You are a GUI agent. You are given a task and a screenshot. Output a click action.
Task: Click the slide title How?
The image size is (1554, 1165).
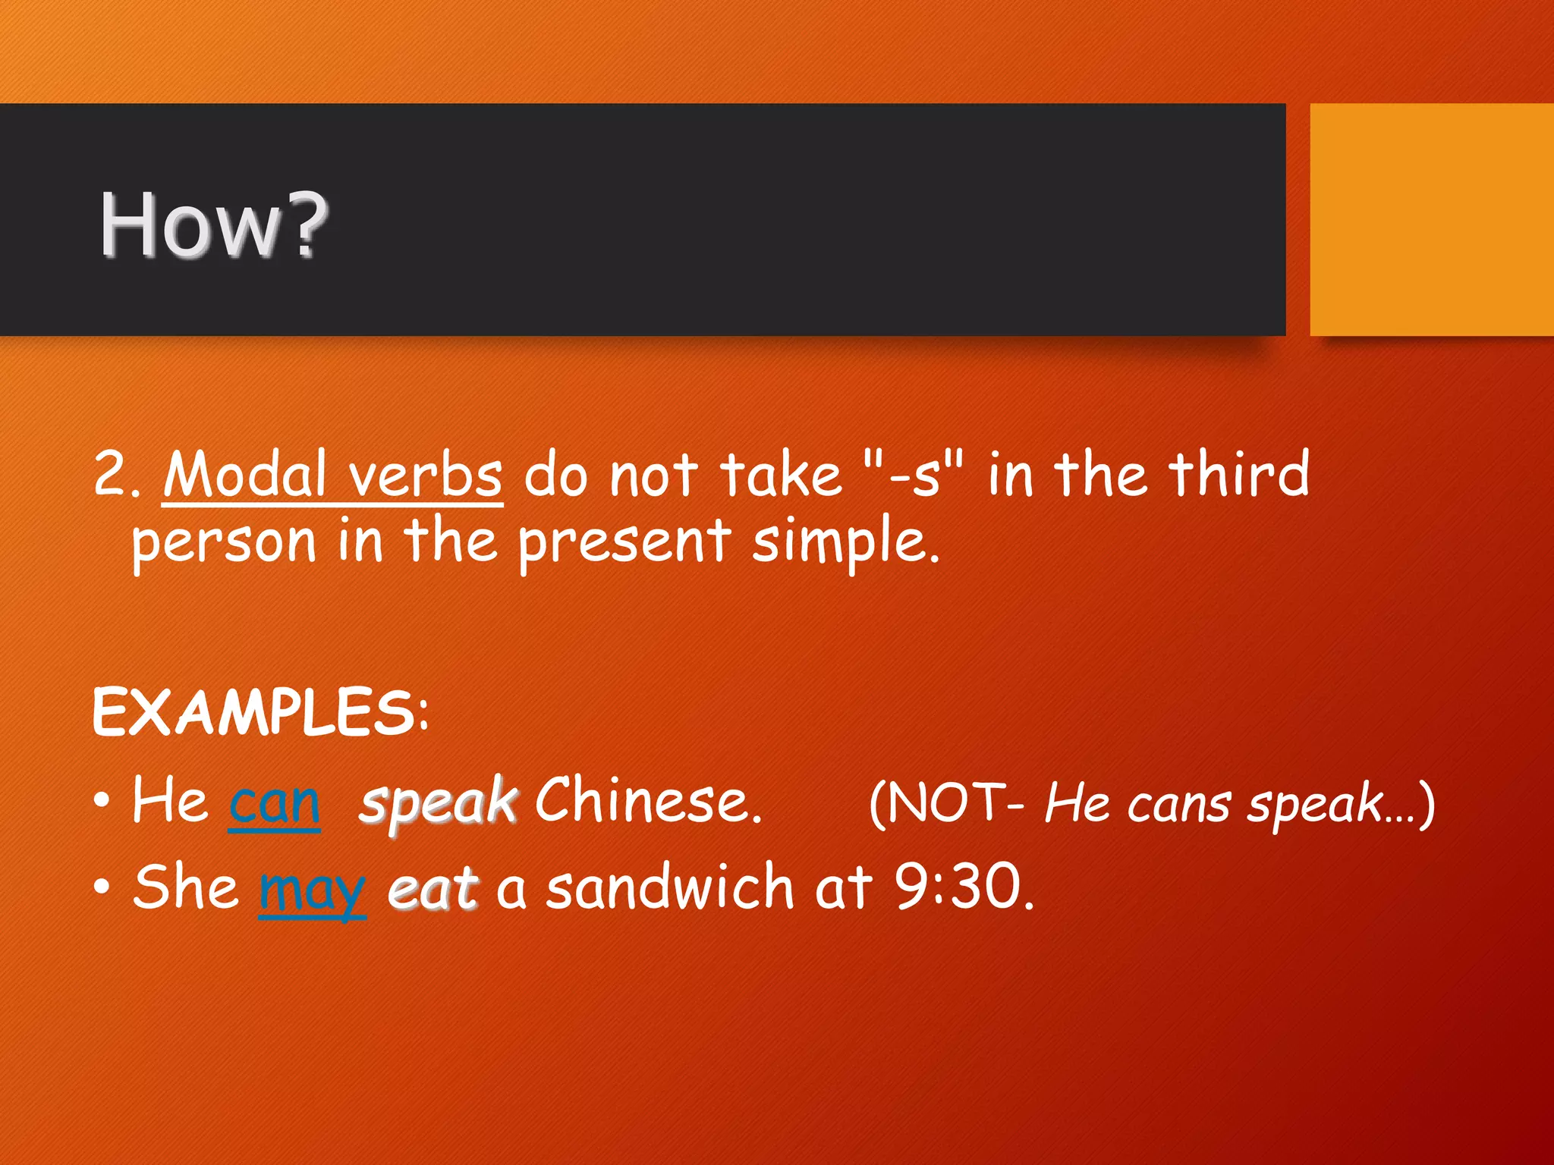(x=214, y=225)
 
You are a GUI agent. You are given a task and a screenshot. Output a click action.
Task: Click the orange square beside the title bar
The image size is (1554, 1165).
(x=1431, y=219)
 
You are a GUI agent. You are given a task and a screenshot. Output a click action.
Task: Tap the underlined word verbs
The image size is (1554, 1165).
(x=425, y=475)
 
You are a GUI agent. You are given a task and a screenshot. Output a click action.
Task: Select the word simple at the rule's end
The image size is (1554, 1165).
(x=845, y=543)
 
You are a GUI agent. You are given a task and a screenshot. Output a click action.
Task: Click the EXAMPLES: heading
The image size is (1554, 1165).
(x=260, y=712)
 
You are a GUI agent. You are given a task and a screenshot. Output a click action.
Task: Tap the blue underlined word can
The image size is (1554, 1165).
(x=274, y=802)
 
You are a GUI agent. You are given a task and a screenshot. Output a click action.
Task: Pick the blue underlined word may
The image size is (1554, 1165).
(x=312, y=889)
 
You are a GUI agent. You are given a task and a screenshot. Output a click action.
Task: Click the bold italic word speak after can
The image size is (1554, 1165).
(x=438, y=802)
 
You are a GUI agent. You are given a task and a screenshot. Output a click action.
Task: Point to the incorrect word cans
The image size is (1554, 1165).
(x=1178, y=804)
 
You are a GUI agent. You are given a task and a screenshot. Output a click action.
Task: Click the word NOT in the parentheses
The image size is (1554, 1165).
(x=945, y=802)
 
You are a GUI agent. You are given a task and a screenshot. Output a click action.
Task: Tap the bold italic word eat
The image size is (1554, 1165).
(x=433, y=888)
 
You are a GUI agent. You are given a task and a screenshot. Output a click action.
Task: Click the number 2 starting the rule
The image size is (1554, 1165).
(x=109, y=475)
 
